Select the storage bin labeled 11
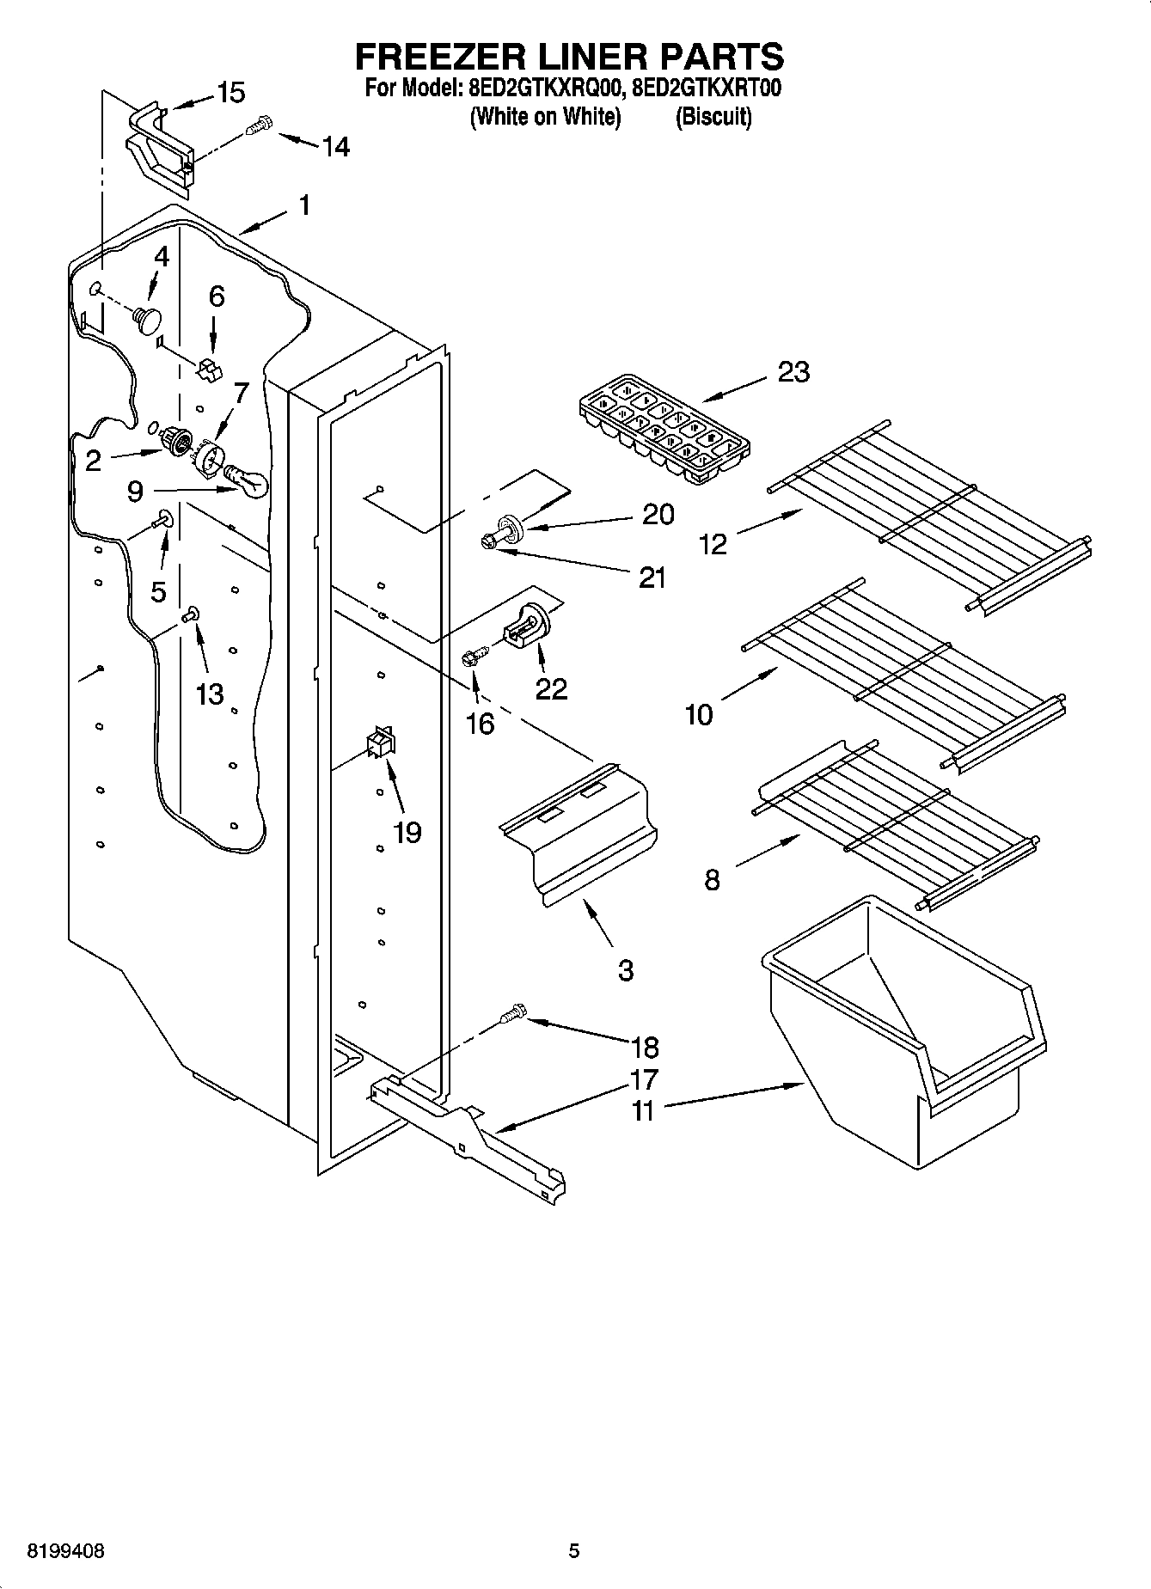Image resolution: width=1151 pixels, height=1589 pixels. [903, 1031]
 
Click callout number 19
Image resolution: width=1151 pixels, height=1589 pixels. [407, 832]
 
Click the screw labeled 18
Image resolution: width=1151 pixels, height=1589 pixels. [513, 1013]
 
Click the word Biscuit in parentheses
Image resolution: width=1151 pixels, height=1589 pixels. [713, 117]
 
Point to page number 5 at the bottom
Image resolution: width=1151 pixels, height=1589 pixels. [574, 1551]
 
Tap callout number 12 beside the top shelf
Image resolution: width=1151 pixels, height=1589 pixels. [713, 544]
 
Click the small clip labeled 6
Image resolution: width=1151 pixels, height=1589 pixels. [209, 370]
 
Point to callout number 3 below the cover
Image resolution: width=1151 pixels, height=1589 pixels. [625, 970]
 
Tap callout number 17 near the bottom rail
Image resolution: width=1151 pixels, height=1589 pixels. [644, 1079]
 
